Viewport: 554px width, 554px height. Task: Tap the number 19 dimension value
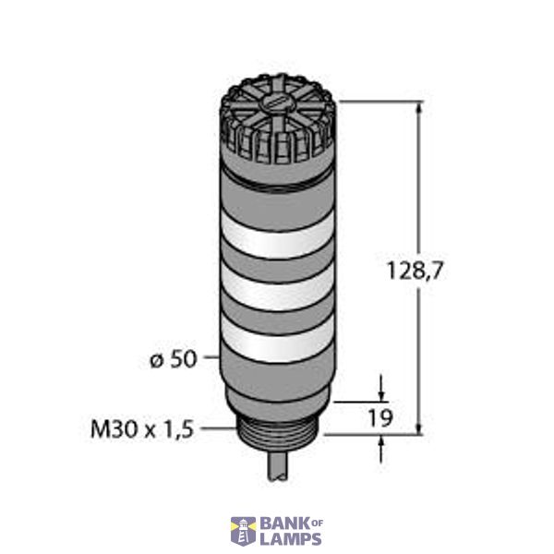click(x=379, y=418)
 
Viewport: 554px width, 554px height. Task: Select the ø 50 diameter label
click(x=173, y=358)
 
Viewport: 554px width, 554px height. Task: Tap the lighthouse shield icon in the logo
click(x=243, y=530)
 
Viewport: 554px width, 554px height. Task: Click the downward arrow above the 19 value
click(x=380, y=389)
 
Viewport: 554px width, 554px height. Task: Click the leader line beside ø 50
click(x=211, y=355)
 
